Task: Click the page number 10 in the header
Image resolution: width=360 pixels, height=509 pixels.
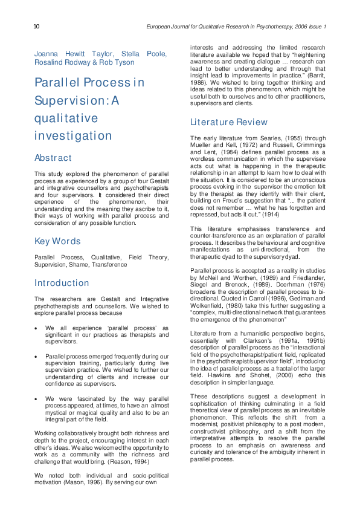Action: click(x=37, y=27)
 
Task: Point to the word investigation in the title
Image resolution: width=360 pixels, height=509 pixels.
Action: click(x=73, y=135)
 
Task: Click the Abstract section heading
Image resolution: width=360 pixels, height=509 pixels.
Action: click(x=53, y=158)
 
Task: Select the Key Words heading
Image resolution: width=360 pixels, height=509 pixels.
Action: click(x=57, y=241)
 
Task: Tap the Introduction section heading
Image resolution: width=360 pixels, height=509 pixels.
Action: click(x=62, y=283)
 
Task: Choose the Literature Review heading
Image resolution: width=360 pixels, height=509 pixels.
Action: click(x=228, y=122)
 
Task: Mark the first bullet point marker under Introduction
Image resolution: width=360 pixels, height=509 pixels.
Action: click(x=37, y=327)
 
